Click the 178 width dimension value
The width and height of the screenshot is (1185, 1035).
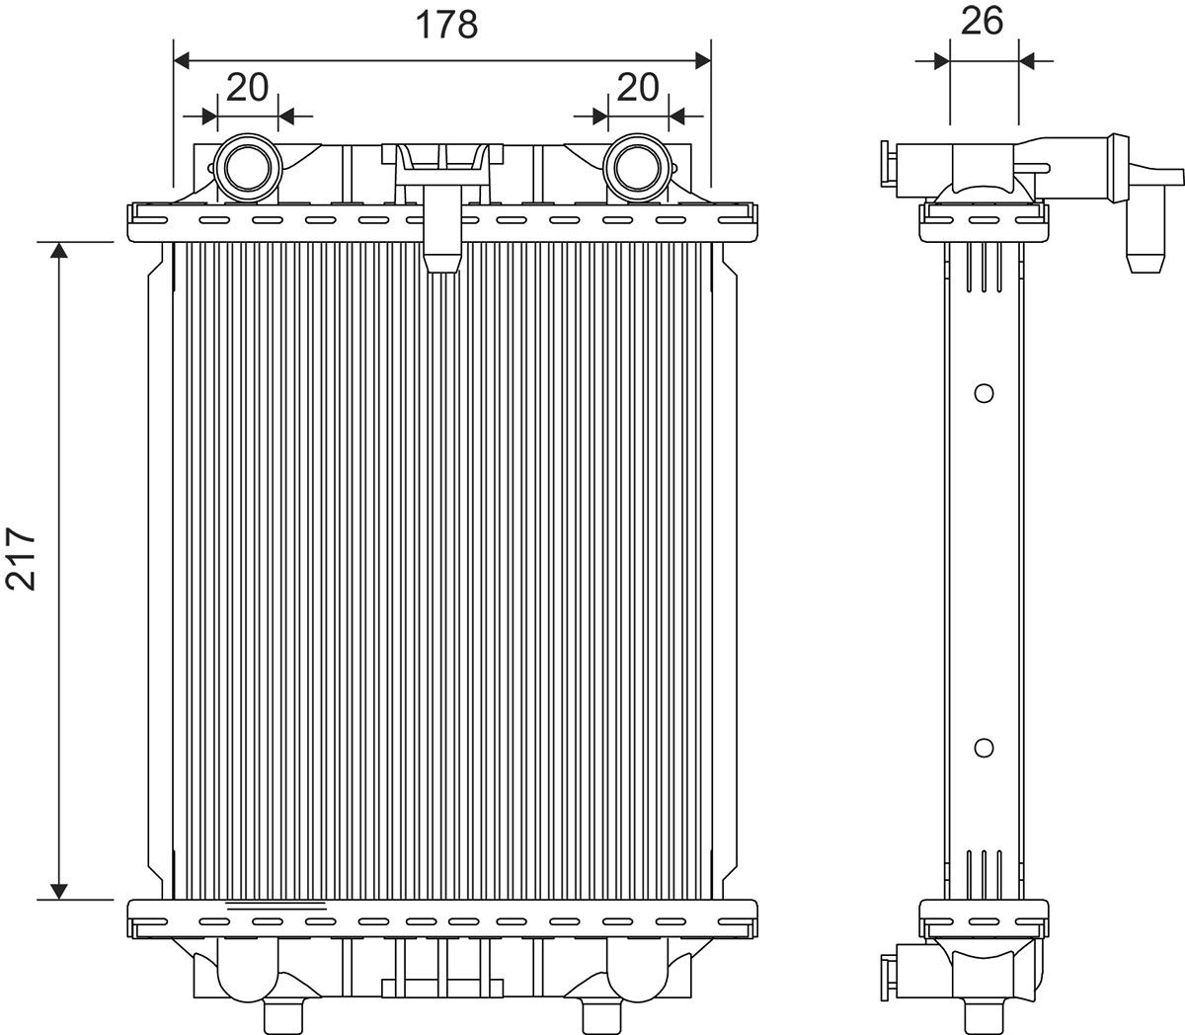445,24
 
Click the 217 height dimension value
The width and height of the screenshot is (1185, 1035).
22,558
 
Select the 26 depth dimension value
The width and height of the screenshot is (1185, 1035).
982,21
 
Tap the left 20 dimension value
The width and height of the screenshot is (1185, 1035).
247,87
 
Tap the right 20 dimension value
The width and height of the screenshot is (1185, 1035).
637,87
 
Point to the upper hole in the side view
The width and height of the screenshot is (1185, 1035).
983,393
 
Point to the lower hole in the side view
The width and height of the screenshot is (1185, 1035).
983,748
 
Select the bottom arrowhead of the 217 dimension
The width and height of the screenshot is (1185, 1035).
60,890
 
